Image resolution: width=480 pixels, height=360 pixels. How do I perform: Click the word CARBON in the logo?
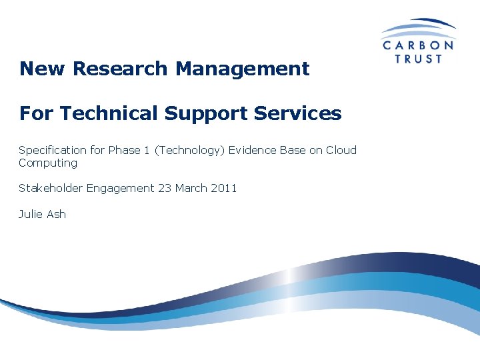[418, 45]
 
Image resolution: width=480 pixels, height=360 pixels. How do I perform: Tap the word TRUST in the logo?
[419, 59]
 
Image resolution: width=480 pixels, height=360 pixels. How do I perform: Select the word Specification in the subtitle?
[53, 151]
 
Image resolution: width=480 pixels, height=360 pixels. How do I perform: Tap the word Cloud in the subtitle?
[341, 150]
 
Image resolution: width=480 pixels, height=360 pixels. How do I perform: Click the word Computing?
[48, 163]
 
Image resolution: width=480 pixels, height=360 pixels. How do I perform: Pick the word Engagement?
[122, 189]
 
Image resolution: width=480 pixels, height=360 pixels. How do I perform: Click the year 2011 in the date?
[223, 188]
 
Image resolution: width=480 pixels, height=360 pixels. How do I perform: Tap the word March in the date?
[191, 188]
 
